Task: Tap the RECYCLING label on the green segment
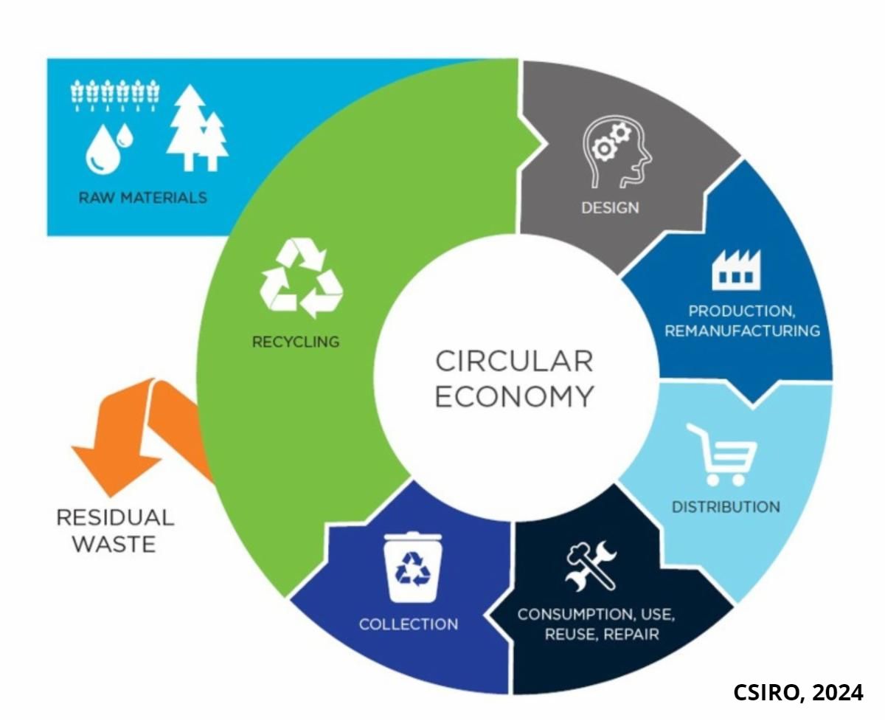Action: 296,342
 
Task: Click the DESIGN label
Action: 610,207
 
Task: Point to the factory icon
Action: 732,271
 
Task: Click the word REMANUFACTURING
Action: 742,331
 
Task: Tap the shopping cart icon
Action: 721,455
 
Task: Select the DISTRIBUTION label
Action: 725,507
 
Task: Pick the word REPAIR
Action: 631,634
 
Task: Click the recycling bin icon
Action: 412,567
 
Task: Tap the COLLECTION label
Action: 409,624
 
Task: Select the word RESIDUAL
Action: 115,517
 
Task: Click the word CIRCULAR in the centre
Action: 514,362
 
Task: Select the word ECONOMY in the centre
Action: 514,396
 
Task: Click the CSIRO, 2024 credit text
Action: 798,692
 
